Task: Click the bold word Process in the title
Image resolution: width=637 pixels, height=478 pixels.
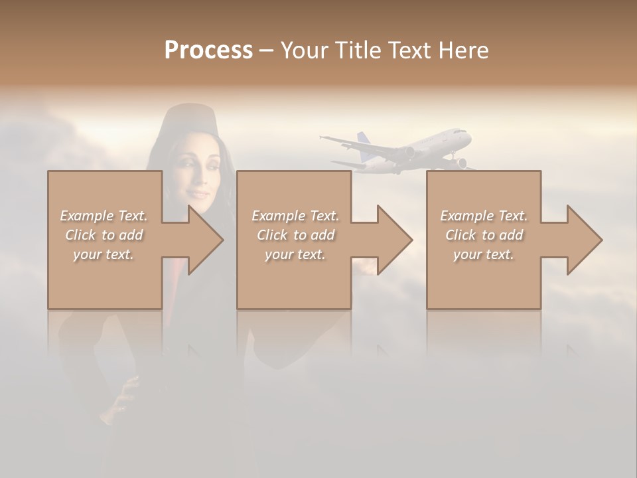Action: point(208,50)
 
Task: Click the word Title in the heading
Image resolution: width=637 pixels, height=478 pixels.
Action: point(356,50)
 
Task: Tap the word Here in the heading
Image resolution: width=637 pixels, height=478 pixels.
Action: point(462,50)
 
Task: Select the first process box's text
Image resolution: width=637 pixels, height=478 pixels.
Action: point(104,235)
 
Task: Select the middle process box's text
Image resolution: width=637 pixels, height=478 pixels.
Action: point(295,235)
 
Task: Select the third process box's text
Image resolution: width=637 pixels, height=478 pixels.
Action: point(484,235)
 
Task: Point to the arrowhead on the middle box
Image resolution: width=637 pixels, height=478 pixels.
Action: point(393,240)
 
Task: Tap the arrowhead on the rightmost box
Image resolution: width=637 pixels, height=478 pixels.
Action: point(583,240)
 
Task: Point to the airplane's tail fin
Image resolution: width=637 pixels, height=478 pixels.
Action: point(363,140)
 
